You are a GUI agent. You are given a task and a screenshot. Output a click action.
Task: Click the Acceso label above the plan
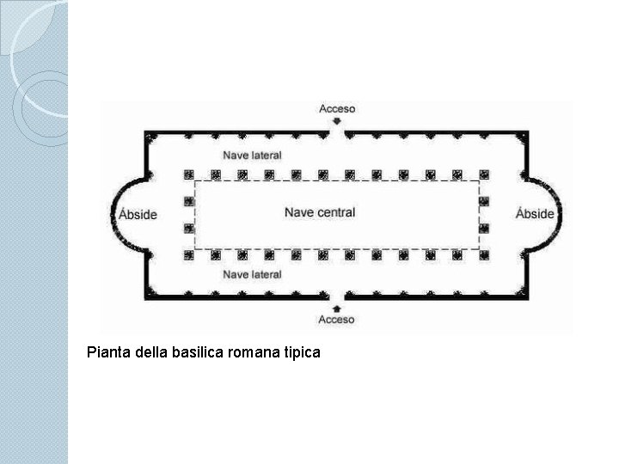click(337, 109)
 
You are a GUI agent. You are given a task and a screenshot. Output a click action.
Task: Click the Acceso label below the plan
click(337, 320)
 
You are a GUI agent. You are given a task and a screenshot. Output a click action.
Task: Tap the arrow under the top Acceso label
click(337, 122)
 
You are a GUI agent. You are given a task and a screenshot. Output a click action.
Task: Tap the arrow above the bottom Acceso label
click(337, 307)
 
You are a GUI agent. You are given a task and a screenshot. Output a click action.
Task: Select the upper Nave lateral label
click(252, 156)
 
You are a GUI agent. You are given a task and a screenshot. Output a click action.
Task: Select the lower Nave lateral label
click(252, 274)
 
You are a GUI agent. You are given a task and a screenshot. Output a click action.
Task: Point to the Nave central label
click(320, 212)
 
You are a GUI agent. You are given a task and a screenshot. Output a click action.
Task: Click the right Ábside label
click(535, 214)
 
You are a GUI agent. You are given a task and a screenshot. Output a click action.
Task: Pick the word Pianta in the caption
click(108, 351)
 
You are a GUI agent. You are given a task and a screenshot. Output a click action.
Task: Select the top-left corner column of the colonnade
click(188, 174)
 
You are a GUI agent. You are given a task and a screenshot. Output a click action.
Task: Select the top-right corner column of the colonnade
click(484, 174)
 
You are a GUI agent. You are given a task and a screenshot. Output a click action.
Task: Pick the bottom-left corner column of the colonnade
click(188, 255)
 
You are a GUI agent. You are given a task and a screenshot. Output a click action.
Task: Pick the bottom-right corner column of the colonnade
click(484, 255)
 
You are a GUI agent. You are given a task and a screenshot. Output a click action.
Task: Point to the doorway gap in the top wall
click(337, 133)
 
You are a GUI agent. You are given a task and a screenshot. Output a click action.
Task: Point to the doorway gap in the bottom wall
click(337, 296)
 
